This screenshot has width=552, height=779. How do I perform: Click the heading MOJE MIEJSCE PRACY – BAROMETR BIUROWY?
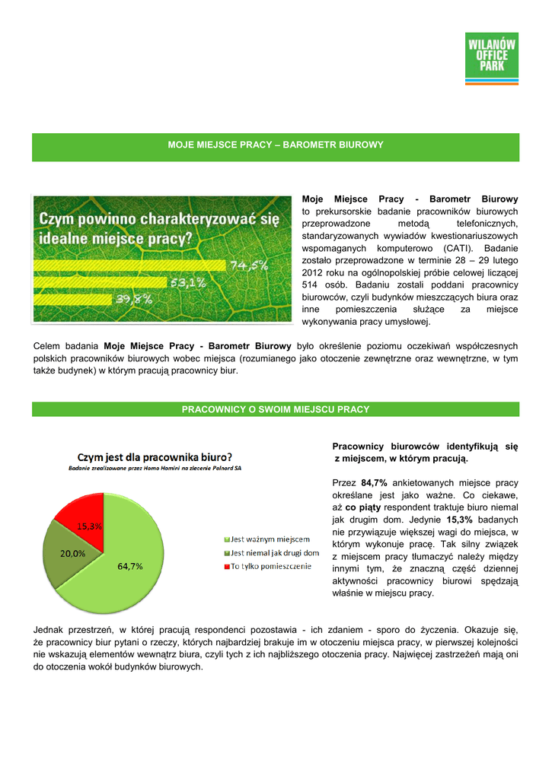coord(275,145)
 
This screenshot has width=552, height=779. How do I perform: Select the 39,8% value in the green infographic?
coord(133,300)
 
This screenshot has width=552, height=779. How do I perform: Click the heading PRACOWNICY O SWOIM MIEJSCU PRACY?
coord(275,410)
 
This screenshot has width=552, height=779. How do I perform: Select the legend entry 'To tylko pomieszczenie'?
coord(270,567)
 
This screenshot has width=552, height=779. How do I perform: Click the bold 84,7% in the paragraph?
coord(375,483)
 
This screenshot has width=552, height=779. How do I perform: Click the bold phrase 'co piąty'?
coord(362,507)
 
